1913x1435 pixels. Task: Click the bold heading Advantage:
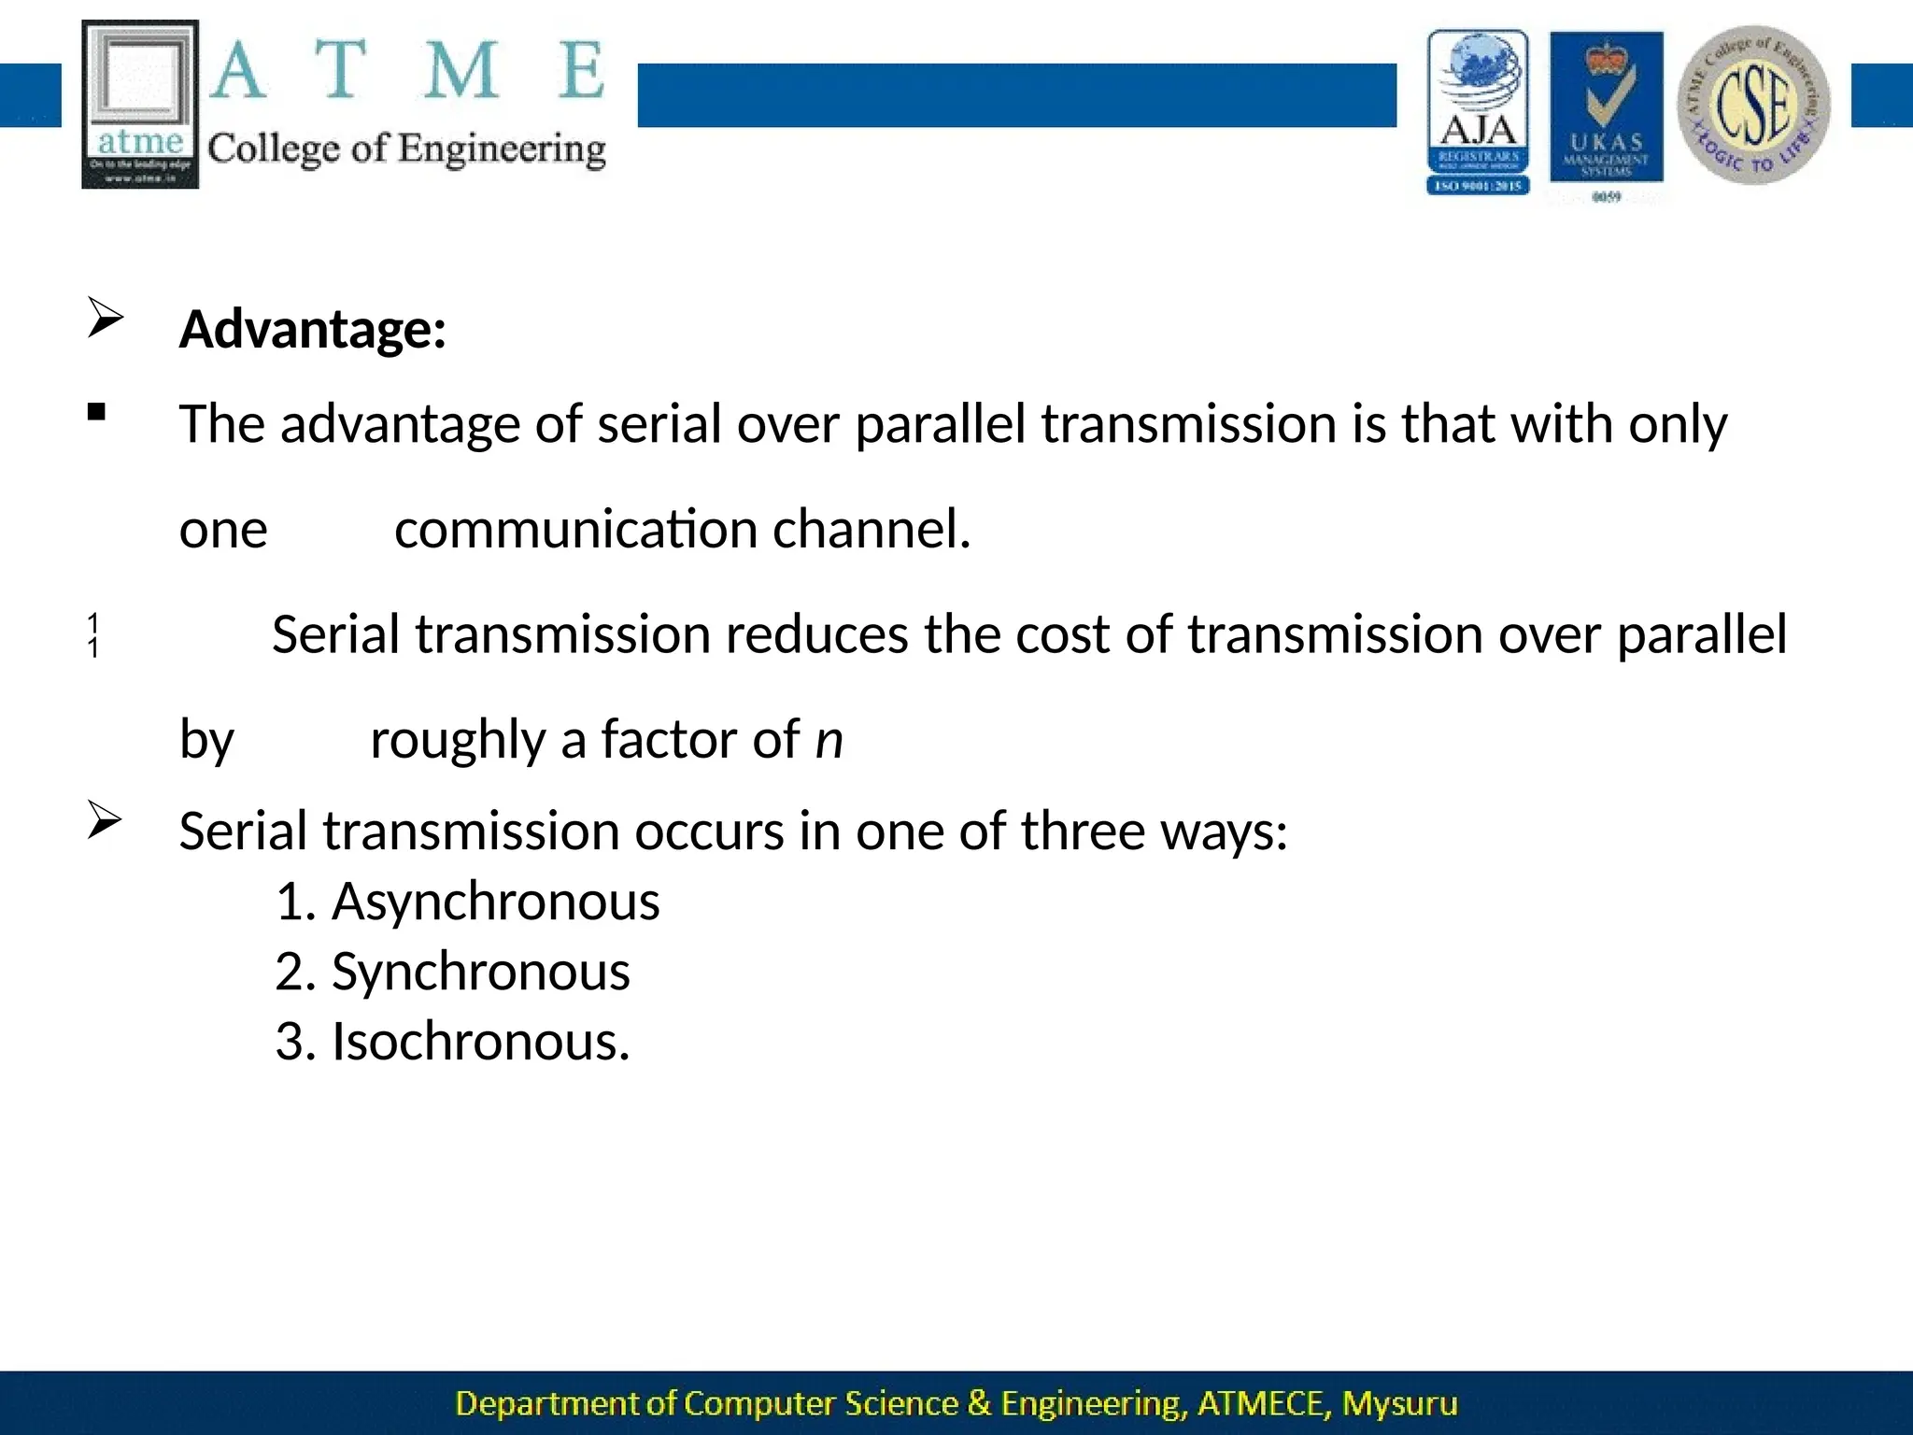(x=312, y=330)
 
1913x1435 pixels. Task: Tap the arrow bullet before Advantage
(x=105, y=318)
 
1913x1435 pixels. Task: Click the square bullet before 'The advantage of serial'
(x=96, y=412)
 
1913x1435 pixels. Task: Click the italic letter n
(x=829, y=740)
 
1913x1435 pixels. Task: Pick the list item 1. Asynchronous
(x=467, y=902)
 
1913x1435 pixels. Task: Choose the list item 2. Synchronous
(x=452, y=973)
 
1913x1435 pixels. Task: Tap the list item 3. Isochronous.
(x=452, y=1042)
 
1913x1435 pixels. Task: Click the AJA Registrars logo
(x=1478, y=112)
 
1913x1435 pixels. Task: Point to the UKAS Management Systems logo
(x=1606, y=112)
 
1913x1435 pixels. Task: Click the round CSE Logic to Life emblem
(x=1753, y=105)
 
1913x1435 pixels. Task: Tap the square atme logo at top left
(x=140, y=105)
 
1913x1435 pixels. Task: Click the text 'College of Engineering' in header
(x=406, y=149)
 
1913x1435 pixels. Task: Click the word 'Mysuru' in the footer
(x=1399, y=1403)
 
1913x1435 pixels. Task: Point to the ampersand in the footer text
(x=979, y=1403)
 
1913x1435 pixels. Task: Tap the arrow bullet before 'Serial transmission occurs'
(x=105, y=821)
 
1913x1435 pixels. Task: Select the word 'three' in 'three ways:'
(x=1082, y=831)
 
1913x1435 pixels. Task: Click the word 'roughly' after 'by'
(x=458, y=740)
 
